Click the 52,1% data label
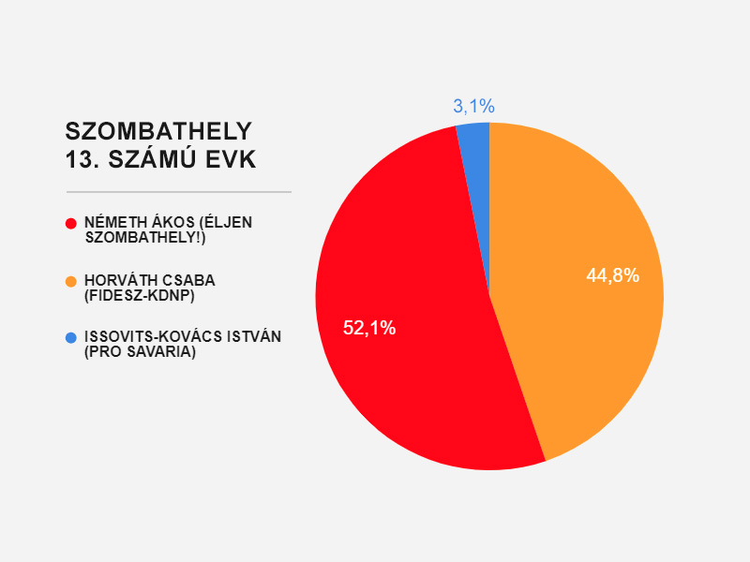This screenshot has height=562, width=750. [369, 328]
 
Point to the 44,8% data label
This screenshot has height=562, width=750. [612, 275]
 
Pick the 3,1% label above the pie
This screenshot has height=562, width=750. [473, 106]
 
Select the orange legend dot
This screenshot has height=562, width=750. [70, 281]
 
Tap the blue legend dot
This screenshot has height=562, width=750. [70, 337]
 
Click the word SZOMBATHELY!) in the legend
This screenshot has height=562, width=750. [145, 238]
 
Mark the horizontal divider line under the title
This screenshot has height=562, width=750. [178, 191]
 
